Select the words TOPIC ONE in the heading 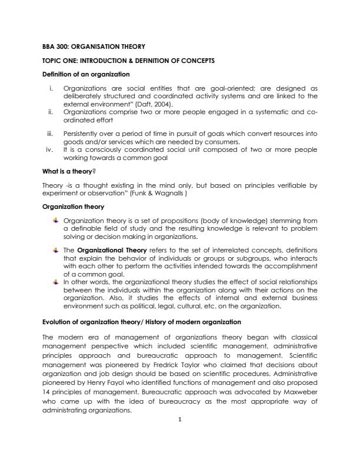pos(60,61)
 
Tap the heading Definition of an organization pos(86,75)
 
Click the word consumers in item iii pos(205,142)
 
